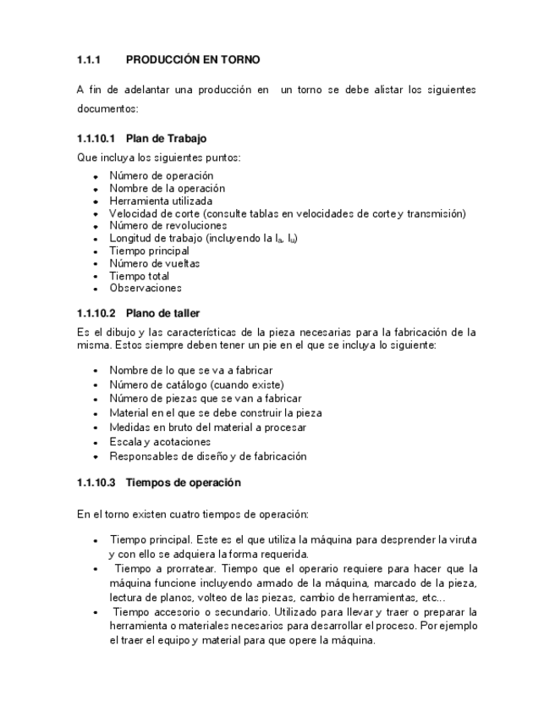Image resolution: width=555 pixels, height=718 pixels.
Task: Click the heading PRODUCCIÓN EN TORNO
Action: pos(192,60)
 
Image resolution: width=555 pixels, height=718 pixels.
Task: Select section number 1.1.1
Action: pos(89,60)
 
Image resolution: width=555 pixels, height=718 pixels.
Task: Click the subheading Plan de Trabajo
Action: pos(166,138)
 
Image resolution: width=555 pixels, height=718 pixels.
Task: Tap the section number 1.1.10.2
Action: pos(96,313)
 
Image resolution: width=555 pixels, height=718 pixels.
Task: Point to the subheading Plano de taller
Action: pos(162,313)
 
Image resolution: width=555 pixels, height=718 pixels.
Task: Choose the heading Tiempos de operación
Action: pos(183,483)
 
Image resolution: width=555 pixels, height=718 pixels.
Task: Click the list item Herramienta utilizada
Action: pos(161,201)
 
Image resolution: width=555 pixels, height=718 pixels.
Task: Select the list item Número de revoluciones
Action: pos(168,226)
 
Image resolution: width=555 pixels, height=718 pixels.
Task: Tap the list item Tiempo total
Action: pos(139,276)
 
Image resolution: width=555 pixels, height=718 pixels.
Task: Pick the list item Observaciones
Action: pos(145,289)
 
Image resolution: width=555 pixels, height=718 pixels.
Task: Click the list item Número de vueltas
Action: pos(154,263)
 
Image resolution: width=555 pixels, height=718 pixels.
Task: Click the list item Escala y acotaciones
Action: pos(160,442)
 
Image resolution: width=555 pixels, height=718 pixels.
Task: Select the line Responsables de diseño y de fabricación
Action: pos(207,456)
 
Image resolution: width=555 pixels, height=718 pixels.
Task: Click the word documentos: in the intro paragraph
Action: pos(107,109)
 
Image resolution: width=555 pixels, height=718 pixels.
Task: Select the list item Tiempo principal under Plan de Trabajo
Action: pos(149,251)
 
